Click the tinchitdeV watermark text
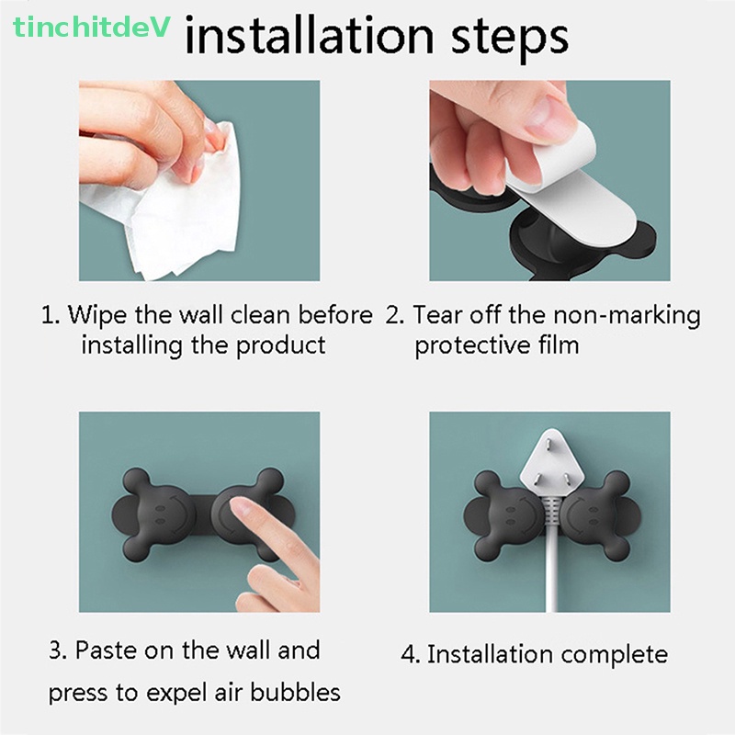point(92,27)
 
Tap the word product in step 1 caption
point(281,345)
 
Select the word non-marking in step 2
point(627,315)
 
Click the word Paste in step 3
point(106,650)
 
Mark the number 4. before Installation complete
point(411,655)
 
